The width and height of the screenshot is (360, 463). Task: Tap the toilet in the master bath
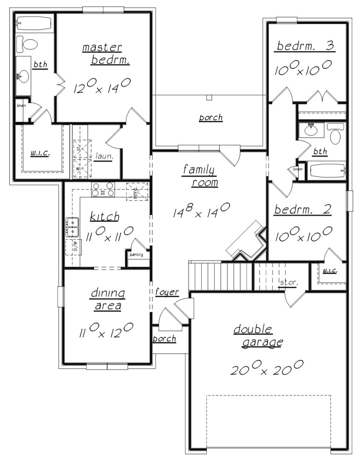pos(28,44)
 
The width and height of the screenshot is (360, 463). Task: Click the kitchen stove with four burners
pos(103,190)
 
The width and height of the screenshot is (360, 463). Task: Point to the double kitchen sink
pos(72,227)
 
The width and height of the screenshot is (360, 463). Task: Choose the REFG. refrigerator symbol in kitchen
pos(137,192)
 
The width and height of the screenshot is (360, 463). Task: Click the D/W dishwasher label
pos(75,247)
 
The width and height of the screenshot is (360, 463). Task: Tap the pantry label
pos(136,255)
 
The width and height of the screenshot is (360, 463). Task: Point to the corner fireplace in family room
pos(247,241)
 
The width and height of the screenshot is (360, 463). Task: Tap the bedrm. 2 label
pos(302,210)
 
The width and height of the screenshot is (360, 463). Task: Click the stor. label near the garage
pos(288,282)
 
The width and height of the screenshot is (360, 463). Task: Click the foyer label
pos(167,292)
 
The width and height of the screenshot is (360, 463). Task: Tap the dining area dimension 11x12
pos(106,330)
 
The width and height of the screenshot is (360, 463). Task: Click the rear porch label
pos(211,118)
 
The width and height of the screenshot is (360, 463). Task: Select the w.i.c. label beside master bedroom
pos(40,153)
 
